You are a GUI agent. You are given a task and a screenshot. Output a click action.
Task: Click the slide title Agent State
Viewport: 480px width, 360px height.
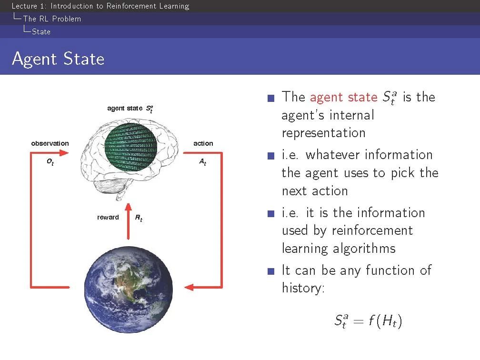(x=58, y=59)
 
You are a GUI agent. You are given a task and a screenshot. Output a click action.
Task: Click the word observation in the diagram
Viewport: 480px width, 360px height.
(x=50, y=143)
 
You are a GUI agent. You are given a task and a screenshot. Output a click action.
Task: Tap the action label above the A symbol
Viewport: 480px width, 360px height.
(x=203, y=143)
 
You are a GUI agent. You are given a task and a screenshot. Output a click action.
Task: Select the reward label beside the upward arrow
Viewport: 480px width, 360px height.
(x=108, y=217)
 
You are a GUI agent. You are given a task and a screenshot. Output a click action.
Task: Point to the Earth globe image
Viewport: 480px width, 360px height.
(x=129, y=290)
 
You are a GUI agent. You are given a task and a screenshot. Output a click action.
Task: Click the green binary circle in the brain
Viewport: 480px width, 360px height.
(x=130, y=147)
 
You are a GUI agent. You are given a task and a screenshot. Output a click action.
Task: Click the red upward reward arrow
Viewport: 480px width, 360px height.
(x=128, y=221)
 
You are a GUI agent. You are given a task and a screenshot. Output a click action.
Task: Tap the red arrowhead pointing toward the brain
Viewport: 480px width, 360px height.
(x=64, y=153)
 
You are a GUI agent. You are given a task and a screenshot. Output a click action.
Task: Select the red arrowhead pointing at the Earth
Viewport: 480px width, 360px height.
(x=189, y=287)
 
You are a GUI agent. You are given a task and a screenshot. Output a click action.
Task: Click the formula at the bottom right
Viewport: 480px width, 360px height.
(x=368, y=321)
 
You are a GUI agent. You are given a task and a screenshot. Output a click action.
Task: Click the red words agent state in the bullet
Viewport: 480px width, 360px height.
(x=344, y=97)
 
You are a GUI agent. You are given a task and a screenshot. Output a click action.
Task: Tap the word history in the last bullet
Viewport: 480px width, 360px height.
(x=303, y=288)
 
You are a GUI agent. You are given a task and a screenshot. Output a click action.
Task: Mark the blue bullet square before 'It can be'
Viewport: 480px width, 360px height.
(x=271, y=271)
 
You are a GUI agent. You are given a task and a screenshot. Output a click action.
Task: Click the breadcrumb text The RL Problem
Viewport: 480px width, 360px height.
(x=52, y=19)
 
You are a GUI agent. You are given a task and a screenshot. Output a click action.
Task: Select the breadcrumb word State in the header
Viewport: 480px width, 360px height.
(x=41, y=31)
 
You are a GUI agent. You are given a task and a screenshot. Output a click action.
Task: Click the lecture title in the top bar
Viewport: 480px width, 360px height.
(x=100, y=6)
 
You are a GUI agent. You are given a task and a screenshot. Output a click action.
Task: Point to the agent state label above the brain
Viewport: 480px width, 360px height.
(x=130, y=109)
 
